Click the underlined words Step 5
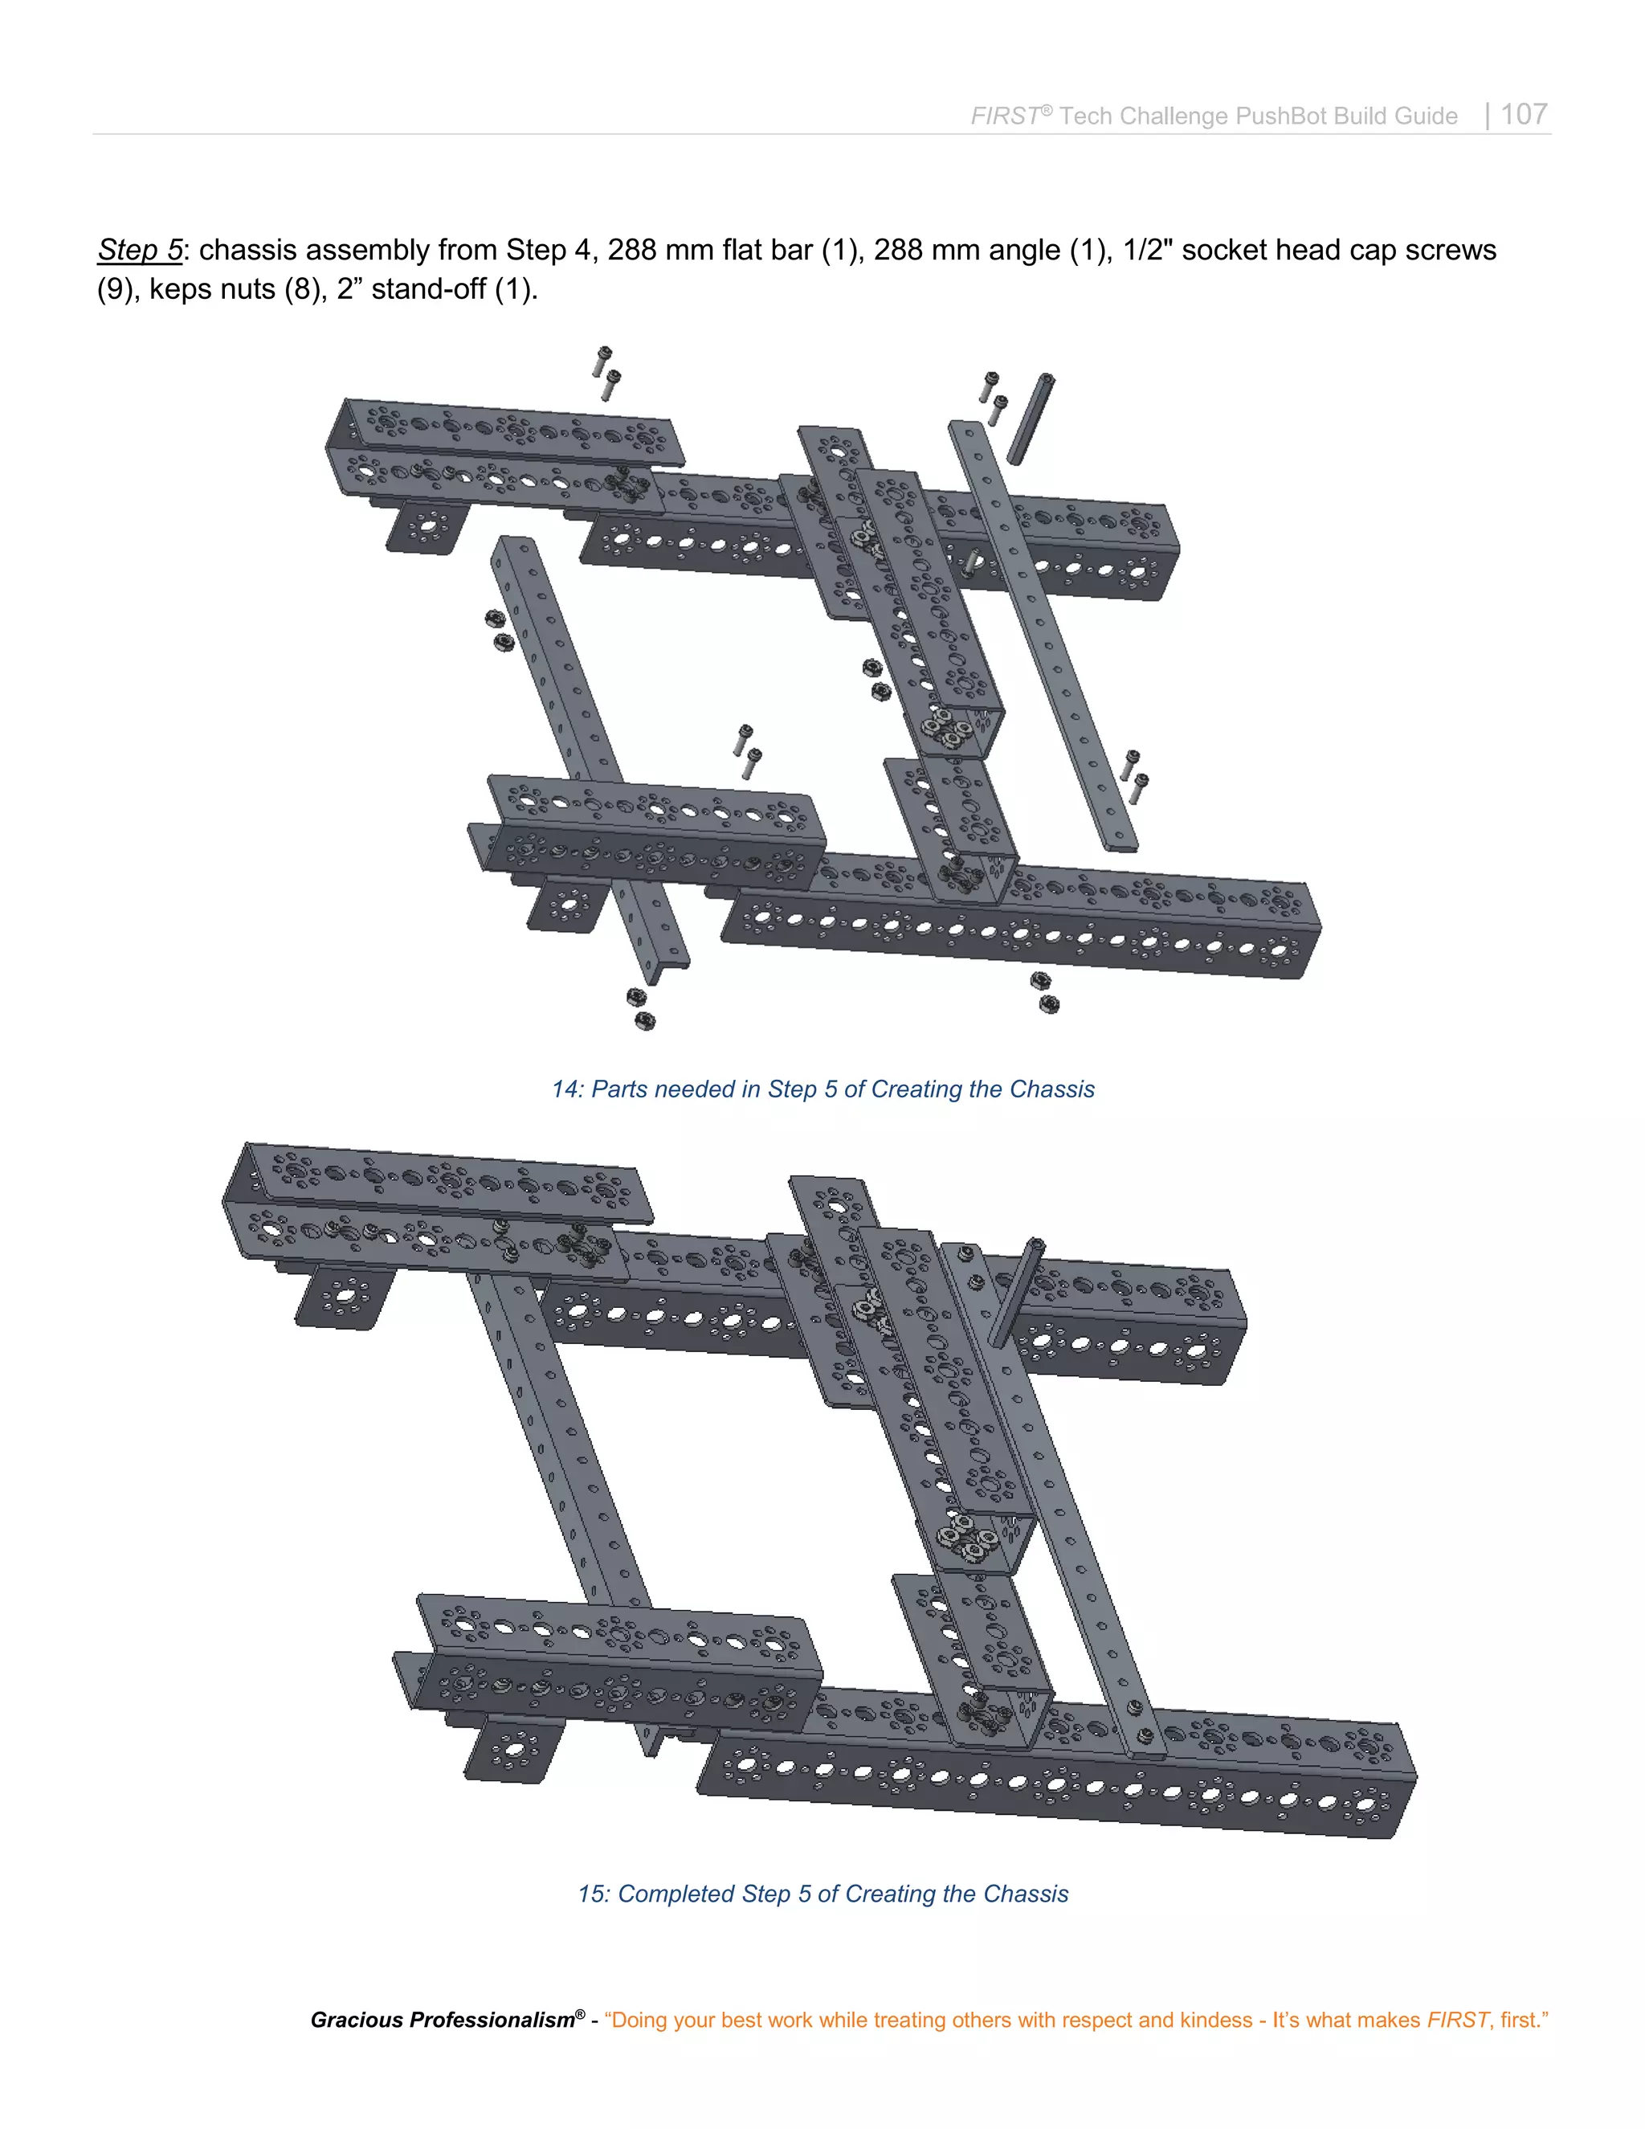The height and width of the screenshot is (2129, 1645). click(139, 251)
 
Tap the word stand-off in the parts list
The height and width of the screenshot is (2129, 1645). click(429, 289)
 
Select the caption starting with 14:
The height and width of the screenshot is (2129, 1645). click(822, 1089)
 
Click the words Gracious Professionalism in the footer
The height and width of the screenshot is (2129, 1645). click(443, 2020)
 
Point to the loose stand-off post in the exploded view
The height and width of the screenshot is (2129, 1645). click(1030, 419)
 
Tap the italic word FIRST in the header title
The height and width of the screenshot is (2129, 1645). click(1005, 116)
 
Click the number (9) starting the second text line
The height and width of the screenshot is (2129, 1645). click(115, 289)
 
